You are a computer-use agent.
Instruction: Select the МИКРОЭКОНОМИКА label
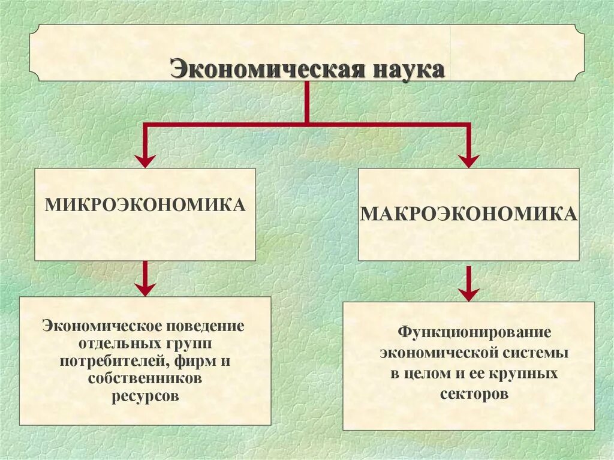[145, 205]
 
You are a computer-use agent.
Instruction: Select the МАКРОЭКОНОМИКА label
[468, 214]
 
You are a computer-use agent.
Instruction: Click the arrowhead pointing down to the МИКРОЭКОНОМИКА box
[145, 160]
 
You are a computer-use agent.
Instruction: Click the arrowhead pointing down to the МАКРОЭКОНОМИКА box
[469, 160]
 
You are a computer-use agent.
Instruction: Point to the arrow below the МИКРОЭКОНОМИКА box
[145, 279]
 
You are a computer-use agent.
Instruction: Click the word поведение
[208, 327]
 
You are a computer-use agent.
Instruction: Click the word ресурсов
[145, 396]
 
